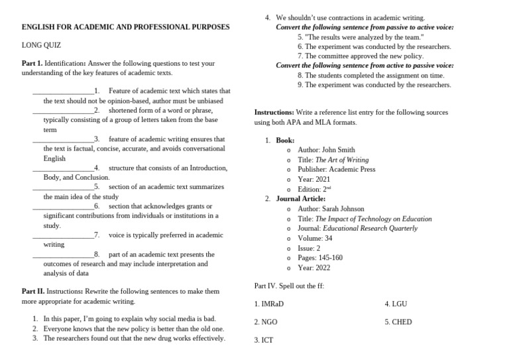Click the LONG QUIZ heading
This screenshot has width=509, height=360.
pyautogui.click(x=41, y=45)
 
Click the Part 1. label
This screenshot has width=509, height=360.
pyautogui.click(x=32, y=64)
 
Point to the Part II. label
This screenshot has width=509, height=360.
pyautogui.click(x=33, y=291)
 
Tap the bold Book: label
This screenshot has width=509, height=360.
pyautogui.click(x=286, y=141)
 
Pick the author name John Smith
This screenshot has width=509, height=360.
pyautogui.click(x=338, y=150)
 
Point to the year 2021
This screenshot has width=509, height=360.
pyautogui.click(x=322, y=179)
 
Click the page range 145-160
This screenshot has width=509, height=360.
pyautogui.click(x=329, y=258)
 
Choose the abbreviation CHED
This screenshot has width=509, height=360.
pyautogui.click(x=401, y=322)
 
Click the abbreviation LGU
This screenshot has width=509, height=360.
pyautogui.click(x=399, y=304)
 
